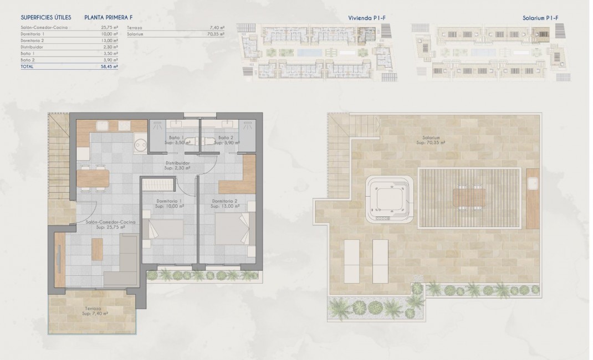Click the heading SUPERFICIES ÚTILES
click(x=46, y=18)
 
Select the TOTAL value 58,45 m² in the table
click(x=111, y=66)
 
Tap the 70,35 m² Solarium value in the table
click(x=217, y=34)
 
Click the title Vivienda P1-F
click(x=366, y=18)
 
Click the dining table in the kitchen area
click(x=93, y=177)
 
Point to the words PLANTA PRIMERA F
click(x=108, y=18)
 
